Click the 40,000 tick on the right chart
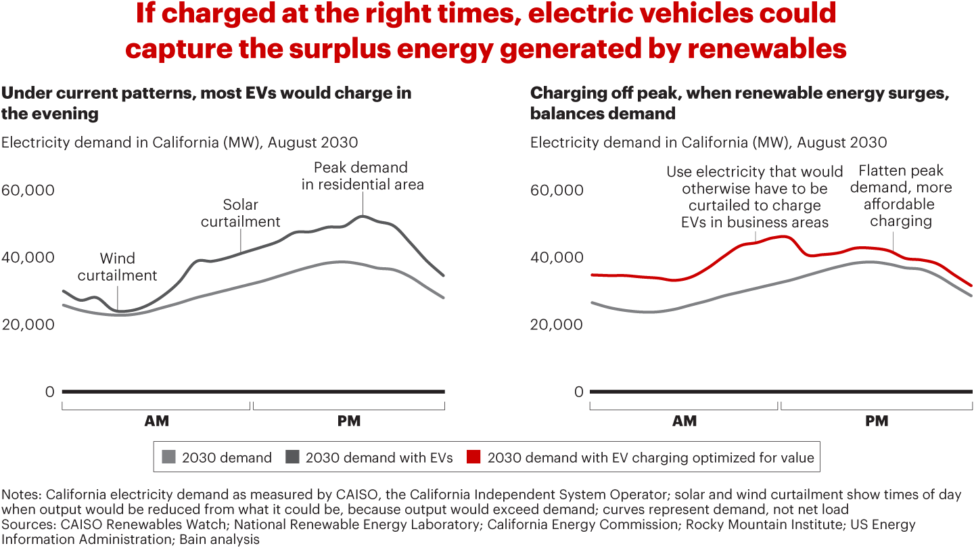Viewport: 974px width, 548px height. (556, 257)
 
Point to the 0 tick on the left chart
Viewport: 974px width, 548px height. (49, 392)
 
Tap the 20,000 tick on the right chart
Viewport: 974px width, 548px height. (556, 324)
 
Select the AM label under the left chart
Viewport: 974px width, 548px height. (156, 421)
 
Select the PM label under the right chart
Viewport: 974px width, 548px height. (876, 421)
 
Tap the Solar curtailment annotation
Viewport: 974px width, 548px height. (240, 213)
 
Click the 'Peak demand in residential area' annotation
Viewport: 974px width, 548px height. (363, 176)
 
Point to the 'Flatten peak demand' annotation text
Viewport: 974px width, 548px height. (900, 196)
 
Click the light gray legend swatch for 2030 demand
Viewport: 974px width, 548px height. (168, 458)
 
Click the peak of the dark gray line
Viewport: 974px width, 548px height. (363, 216)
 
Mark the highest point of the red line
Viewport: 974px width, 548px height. (783, 236)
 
